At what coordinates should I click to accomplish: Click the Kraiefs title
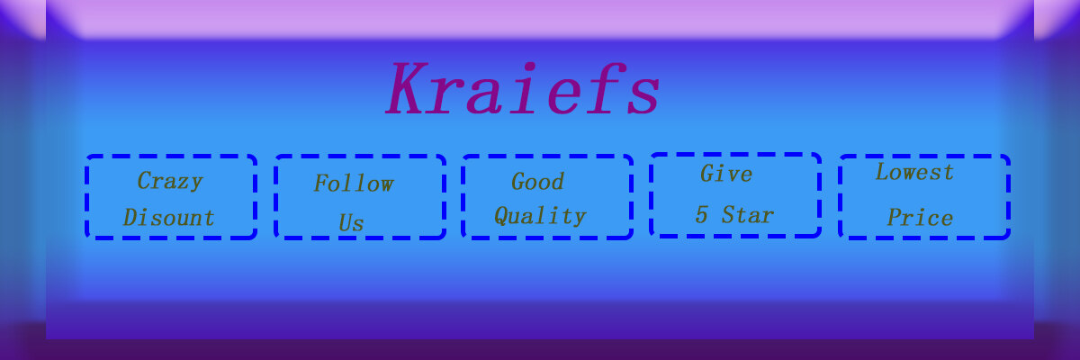pos(523,87)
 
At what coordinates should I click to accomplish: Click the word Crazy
pos(170,182)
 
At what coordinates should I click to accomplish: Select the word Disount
pos(169,217)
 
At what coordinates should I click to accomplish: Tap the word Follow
pos(354,184)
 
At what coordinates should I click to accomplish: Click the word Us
pos(351,222)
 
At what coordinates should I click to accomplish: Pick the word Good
pos(537,182)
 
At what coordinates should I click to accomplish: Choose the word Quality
pos(540,216)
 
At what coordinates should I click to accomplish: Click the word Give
pos(726,174)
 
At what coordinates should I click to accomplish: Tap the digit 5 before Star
pos(701,215)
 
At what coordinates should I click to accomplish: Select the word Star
pos(748,215)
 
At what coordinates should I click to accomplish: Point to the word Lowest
pos(914,172)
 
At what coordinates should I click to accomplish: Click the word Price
pos(920,217)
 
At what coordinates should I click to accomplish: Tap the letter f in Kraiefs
pos(605,87)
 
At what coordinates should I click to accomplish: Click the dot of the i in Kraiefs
pos(530,67)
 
